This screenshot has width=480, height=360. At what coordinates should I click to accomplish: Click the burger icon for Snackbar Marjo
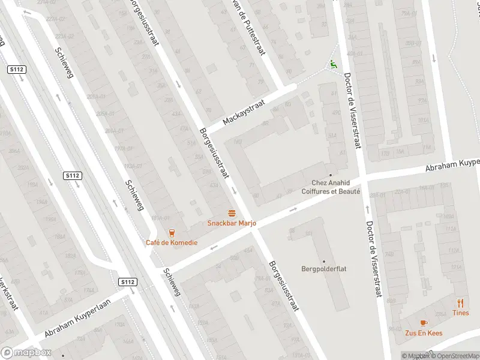tap(232, 213)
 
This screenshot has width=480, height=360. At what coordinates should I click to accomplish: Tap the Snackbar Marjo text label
tap(232, 223)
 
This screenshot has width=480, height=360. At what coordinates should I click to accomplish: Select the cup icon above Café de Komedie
tap(172, 233)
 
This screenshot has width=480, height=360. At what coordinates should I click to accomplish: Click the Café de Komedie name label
tap(172, 242)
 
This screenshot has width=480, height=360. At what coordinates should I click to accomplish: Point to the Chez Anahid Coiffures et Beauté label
tap(335, 187)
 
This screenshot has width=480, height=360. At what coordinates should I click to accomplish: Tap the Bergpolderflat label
tap(324, 269)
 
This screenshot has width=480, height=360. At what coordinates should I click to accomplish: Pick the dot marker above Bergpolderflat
tap(324, 261)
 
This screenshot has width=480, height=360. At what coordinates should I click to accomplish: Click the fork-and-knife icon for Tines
tap(461, 303)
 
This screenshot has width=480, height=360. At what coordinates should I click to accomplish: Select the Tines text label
tap(461, 313)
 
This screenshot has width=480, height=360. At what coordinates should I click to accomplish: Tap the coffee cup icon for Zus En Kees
tap(424, 322)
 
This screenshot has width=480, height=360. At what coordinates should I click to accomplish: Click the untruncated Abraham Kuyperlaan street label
tap(79, 324)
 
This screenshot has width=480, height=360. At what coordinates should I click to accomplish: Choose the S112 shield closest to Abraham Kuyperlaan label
tap(127, 282)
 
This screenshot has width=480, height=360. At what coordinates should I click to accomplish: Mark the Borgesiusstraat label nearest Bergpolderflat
tap(283, 285)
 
